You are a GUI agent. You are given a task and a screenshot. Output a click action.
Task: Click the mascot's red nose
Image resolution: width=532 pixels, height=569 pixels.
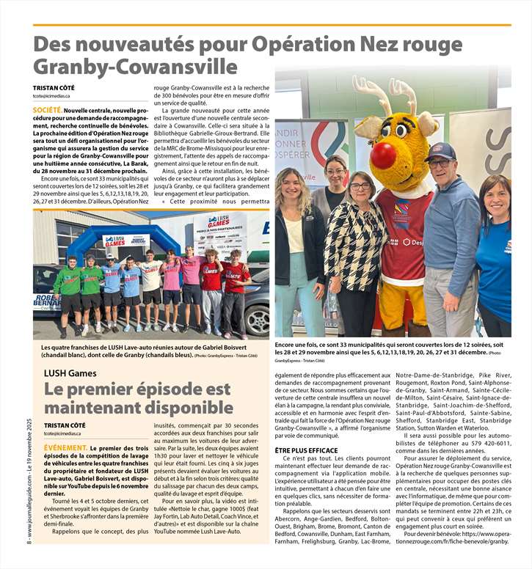[384, 155]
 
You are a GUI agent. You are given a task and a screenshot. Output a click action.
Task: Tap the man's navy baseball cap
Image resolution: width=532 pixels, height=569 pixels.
[440, 150]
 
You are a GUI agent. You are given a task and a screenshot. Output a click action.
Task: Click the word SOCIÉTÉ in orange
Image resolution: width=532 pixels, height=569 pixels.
[48, 109]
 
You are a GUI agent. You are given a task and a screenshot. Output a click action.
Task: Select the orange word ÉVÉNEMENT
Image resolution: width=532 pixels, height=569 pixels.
[65, 447]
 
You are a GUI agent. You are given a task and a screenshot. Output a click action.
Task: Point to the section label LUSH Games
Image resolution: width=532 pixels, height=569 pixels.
[70, 372]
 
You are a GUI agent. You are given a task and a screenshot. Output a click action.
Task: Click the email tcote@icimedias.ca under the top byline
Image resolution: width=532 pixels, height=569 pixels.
[51, 96]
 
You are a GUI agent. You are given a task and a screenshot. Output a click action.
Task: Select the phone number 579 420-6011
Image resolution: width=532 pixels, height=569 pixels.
[479, 442]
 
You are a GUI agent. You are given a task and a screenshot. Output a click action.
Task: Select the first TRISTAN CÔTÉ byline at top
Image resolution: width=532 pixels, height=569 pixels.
[55, 87]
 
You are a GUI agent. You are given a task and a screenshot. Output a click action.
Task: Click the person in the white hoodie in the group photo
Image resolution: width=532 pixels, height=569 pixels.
[150, 282]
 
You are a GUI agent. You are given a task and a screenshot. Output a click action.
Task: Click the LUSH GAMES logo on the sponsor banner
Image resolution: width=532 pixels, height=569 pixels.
[218, 220]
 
